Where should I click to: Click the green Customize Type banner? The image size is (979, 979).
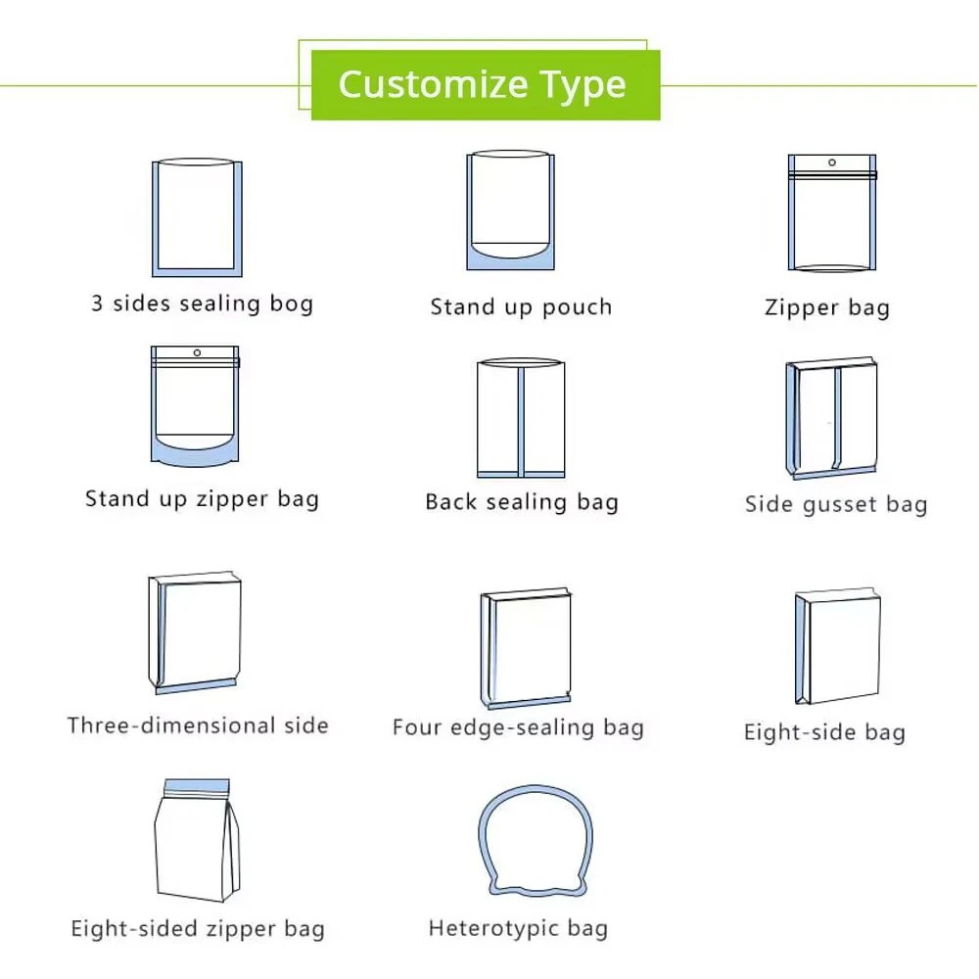pos(486,85)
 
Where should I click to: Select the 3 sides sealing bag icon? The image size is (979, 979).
pos(198,217)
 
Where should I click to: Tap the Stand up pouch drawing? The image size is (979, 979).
pos(511,210)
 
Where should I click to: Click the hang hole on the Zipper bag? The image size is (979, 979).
pos(831,163)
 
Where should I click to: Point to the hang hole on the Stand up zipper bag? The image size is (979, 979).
pos(198,352)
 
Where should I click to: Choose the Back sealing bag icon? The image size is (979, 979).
pos(521,418)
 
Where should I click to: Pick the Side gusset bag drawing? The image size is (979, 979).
pos(831,418)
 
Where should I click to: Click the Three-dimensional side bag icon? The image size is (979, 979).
pos(195,632)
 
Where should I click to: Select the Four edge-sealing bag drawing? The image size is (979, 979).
pos(526,649)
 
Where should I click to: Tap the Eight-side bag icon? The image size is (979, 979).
pos(837,646)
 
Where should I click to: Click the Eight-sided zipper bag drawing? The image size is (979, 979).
pos(197,840)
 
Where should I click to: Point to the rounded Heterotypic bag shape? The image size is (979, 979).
pos(481,837)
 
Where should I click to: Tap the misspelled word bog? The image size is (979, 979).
pos(292,303)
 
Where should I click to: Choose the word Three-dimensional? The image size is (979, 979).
pos(171,725)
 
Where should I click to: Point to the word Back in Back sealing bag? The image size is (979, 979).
pos(452,501)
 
